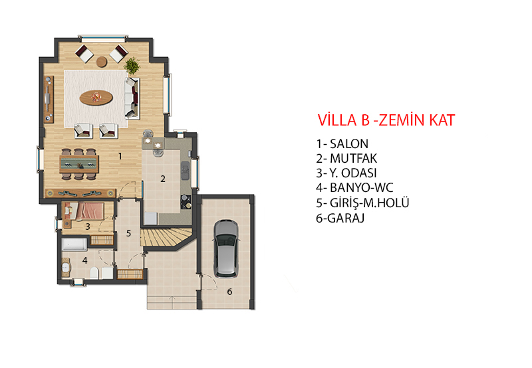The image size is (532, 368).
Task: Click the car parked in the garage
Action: click(226, 248)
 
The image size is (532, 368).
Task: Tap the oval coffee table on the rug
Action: click(96, 98)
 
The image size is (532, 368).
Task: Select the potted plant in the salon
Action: click(132, 65)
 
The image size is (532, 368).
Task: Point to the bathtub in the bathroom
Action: click(74, 244)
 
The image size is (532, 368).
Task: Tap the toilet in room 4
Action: click(94, 273)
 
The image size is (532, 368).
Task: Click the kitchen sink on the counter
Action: click(185, 171)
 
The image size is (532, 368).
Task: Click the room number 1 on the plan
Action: click(120, 156)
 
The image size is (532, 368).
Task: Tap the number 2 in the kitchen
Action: click(163, 179)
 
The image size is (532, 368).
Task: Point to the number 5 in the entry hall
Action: click(128, 233)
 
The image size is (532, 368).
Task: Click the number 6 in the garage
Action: click(229, 292)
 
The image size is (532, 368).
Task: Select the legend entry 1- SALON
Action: click(342, 143)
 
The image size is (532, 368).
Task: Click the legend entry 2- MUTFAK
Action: click(346, 158)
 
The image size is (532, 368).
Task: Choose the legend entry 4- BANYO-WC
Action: click(354, 187)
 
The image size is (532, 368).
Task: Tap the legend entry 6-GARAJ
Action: click(340, 218)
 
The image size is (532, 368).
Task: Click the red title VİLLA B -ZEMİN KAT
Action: click(386, 120)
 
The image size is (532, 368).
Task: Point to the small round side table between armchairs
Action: click(102, 62)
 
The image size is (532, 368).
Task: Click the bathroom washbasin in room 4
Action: click(65, 266)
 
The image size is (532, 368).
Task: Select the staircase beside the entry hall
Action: click(167, 237)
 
